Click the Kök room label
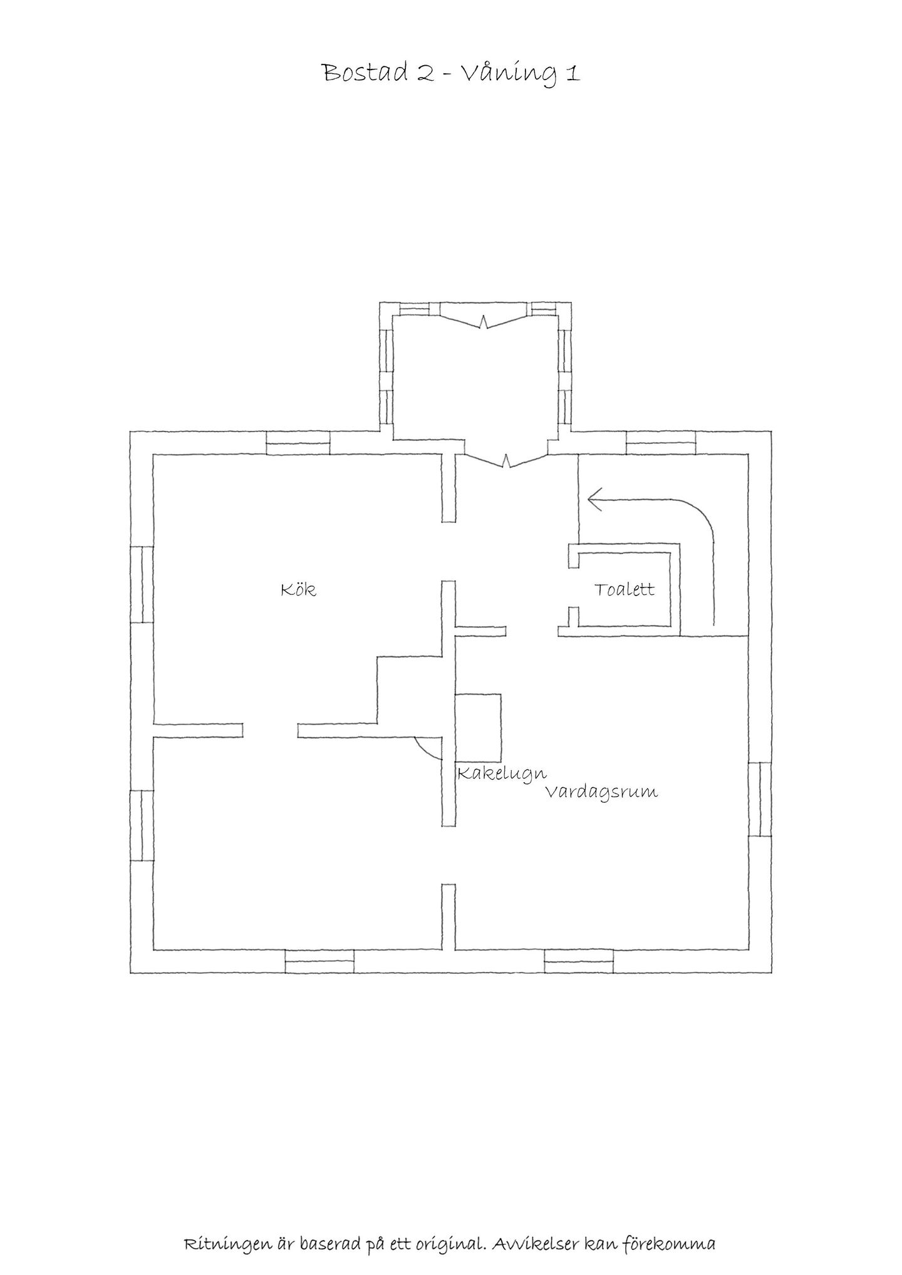click(x=298, y=590)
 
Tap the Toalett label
click(x=625, y=589)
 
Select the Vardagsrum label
click(x=601, y=792)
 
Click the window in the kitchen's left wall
click(x=142, y=584)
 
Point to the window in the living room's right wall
click(x=760, y=798)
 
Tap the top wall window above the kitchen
click(x=298, y=443)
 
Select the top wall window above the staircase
click(x=661, y=443)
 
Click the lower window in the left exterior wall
click(x=142, y=825)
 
